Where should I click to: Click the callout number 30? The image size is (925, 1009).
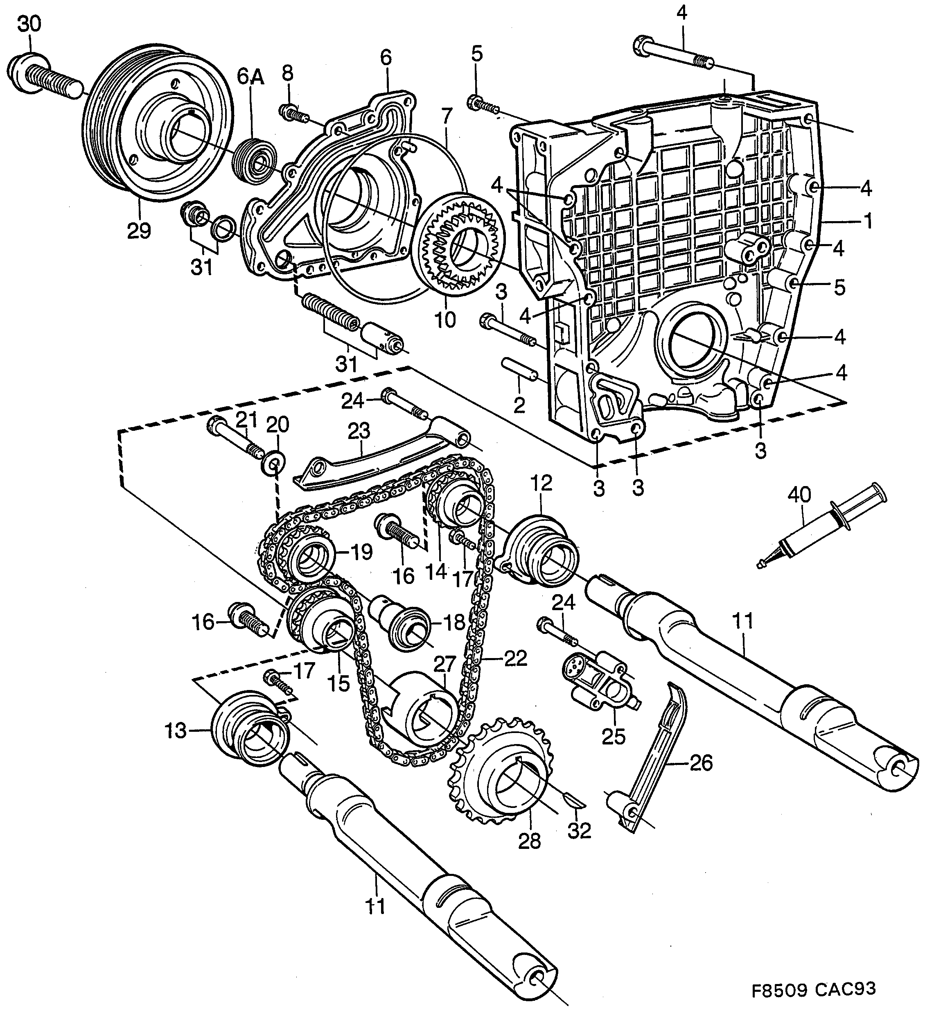[x=29, y=23]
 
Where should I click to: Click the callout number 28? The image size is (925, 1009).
[x=530, y=841]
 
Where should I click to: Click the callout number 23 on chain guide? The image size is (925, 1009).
[x=359, y=431]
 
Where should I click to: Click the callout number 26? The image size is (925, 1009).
[x=700, y=763]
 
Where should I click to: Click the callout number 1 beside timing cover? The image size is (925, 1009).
[x=867, y=221]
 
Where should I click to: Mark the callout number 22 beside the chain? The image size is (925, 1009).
[x=516, y=658]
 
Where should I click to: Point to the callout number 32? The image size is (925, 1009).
[x=580, y=831]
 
